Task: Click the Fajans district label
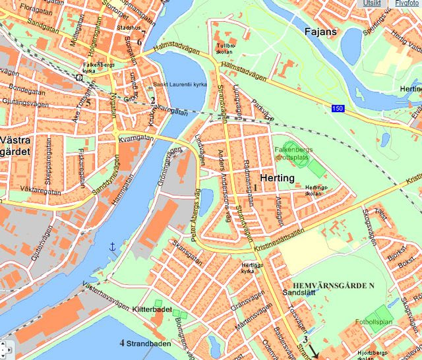pyautogui.click(x=321, y=31)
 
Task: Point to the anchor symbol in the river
pyautogui.click(x=112, y=246)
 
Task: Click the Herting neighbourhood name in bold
pyautogui.click(x=277, y=179)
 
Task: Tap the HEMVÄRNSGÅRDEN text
pyautogui.click(x=328, y=284)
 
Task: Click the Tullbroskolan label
pyautogui.click(x=226, y=49)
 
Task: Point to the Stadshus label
pyautogui.click(x=128, y=28)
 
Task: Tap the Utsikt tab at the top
pyautogui.click(x=371, y=3)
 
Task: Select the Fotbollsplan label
pyautogui.click(x=373, y=322)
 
